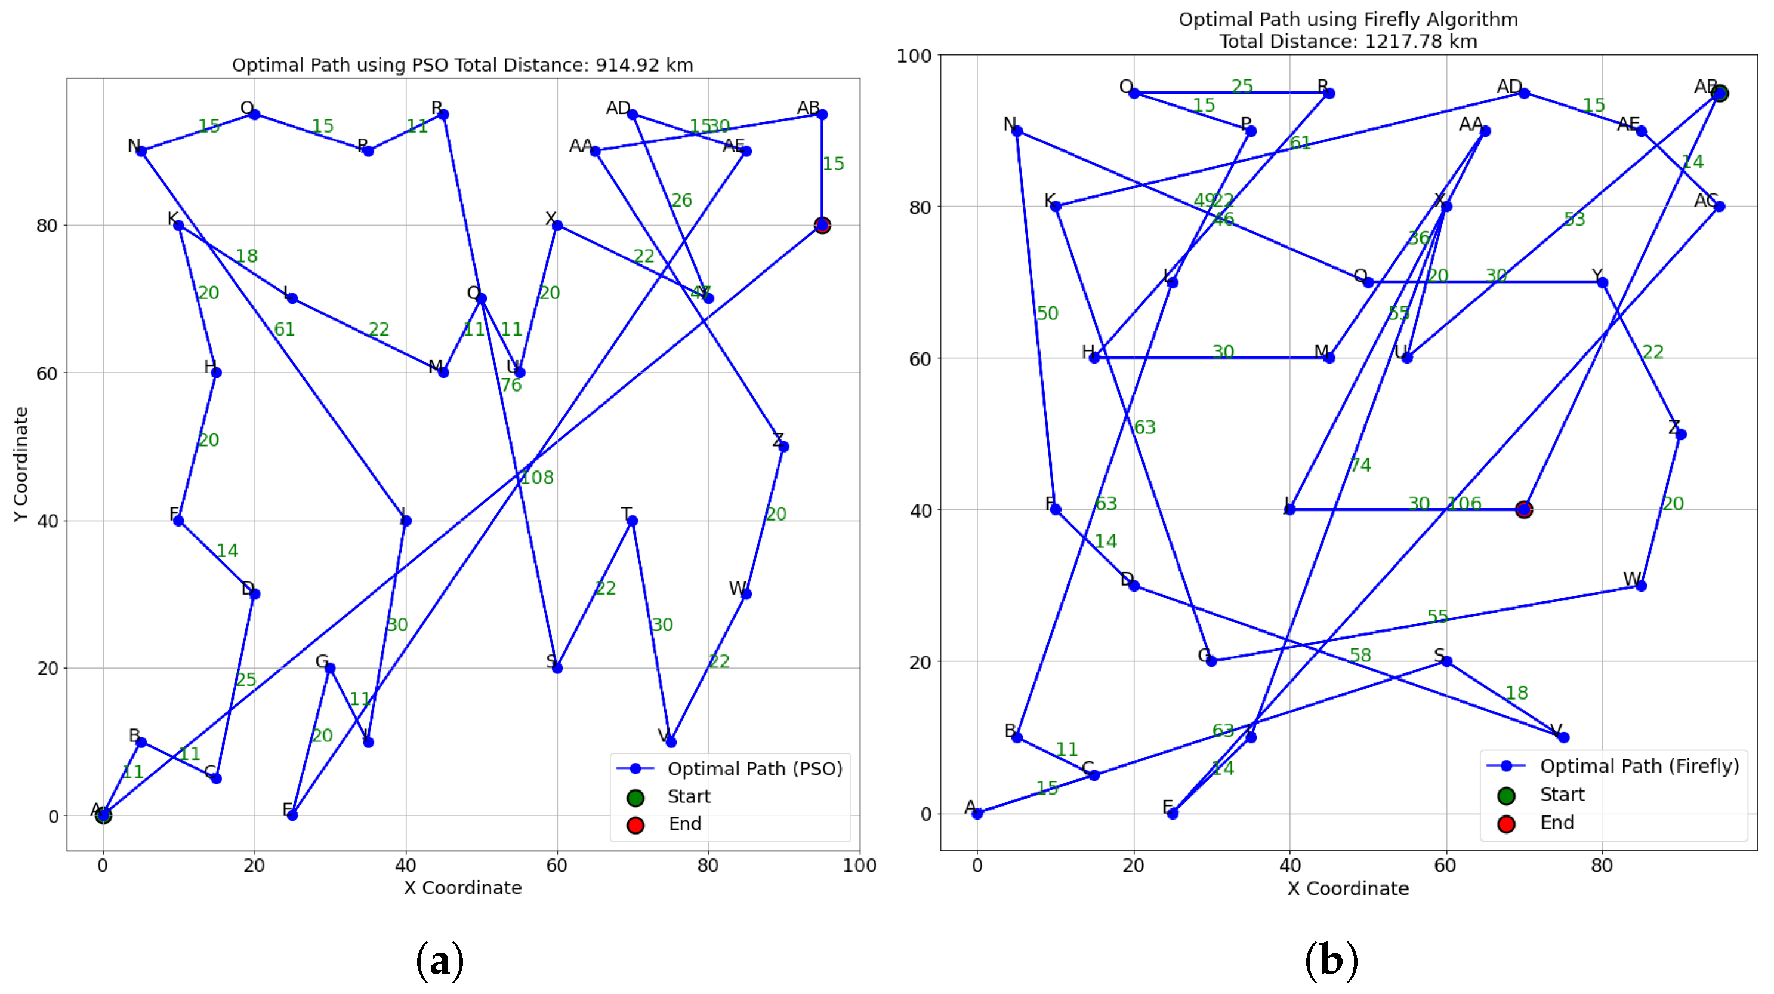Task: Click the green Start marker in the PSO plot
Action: (103, 815)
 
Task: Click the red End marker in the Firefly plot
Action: (1524, 510)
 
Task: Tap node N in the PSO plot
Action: (141, 152)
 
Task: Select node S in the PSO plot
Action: (557, 668)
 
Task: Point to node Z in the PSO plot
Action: (783, 447)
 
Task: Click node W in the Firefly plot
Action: (1641, 586)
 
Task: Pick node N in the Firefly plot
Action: (1017, 131)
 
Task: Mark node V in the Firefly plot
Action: (1563, 737)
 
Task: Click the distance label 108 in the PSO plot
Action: (536, 478)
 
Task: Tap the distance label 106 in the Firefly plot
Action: (1464, 503)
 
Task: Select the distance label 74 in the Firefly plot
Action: (1360, 466)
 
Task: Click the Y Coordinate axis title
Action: (21, 464)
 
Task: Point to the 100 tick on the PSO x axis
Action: (859, 865)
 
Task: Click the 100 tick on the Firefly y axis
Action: (914, 56)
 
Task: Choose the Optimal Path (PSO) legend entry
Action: (755, 769)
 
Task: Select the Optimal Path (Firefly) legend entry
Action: (1639, 766)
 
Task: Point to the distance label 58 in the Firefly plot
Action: (1360, 655)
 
